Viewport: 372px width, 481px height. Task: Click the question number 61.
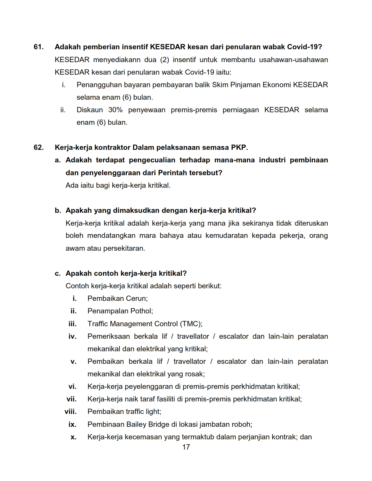(39, 47)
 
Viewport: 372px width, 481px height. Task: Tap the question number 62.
(39, 148)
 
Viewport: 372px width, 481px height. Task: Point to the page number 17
(186, 447)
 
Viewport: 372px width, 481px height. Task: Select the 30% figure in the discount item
(115, 110)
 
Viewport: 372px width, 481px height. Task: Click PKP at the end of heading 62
(239, 148)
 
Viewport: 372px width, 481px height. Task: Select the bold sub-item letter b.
(58, 210)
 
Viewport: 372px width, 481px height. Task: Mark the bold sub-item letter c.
(58, 273)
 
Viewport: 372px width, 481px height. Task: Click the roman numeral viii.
(70, 412)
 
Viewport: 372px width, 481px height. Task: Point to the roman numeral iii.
(72, 324)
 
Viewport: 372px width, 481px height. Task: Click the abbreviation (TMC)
(191, 324)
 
